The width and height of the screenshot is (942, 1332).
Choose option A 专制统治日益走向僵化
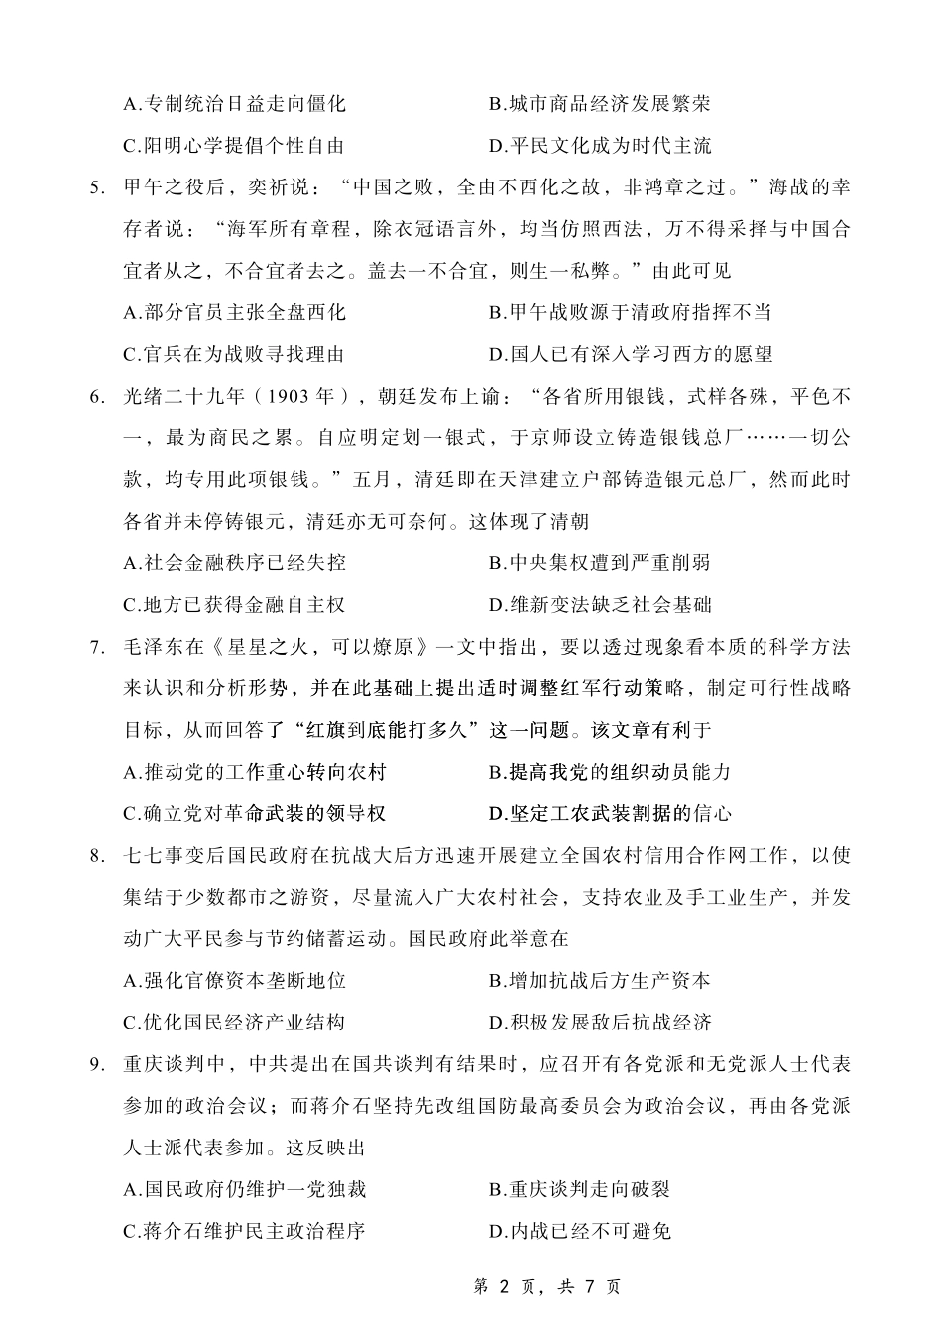234,104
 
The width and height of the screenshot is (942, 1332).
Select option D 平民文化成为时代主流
600,146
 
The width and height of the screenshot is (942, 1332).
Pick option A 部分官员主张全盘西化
234,312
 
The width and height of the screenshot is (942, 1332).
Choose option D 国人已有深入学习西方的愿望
631,354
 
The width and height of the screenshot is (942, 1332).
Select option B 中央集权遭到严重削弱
600,563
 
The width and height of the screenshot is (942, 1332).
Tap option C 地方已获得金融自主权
234,605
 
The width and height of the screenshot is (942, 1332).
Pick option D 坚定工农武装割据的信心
610,814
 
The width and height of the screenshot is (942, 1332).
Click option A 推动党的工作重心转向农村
255,772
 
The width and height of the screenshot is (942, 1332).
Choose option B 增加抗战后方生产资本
600,981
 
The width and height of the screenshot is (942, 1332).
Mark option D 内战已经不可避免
580,1231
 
